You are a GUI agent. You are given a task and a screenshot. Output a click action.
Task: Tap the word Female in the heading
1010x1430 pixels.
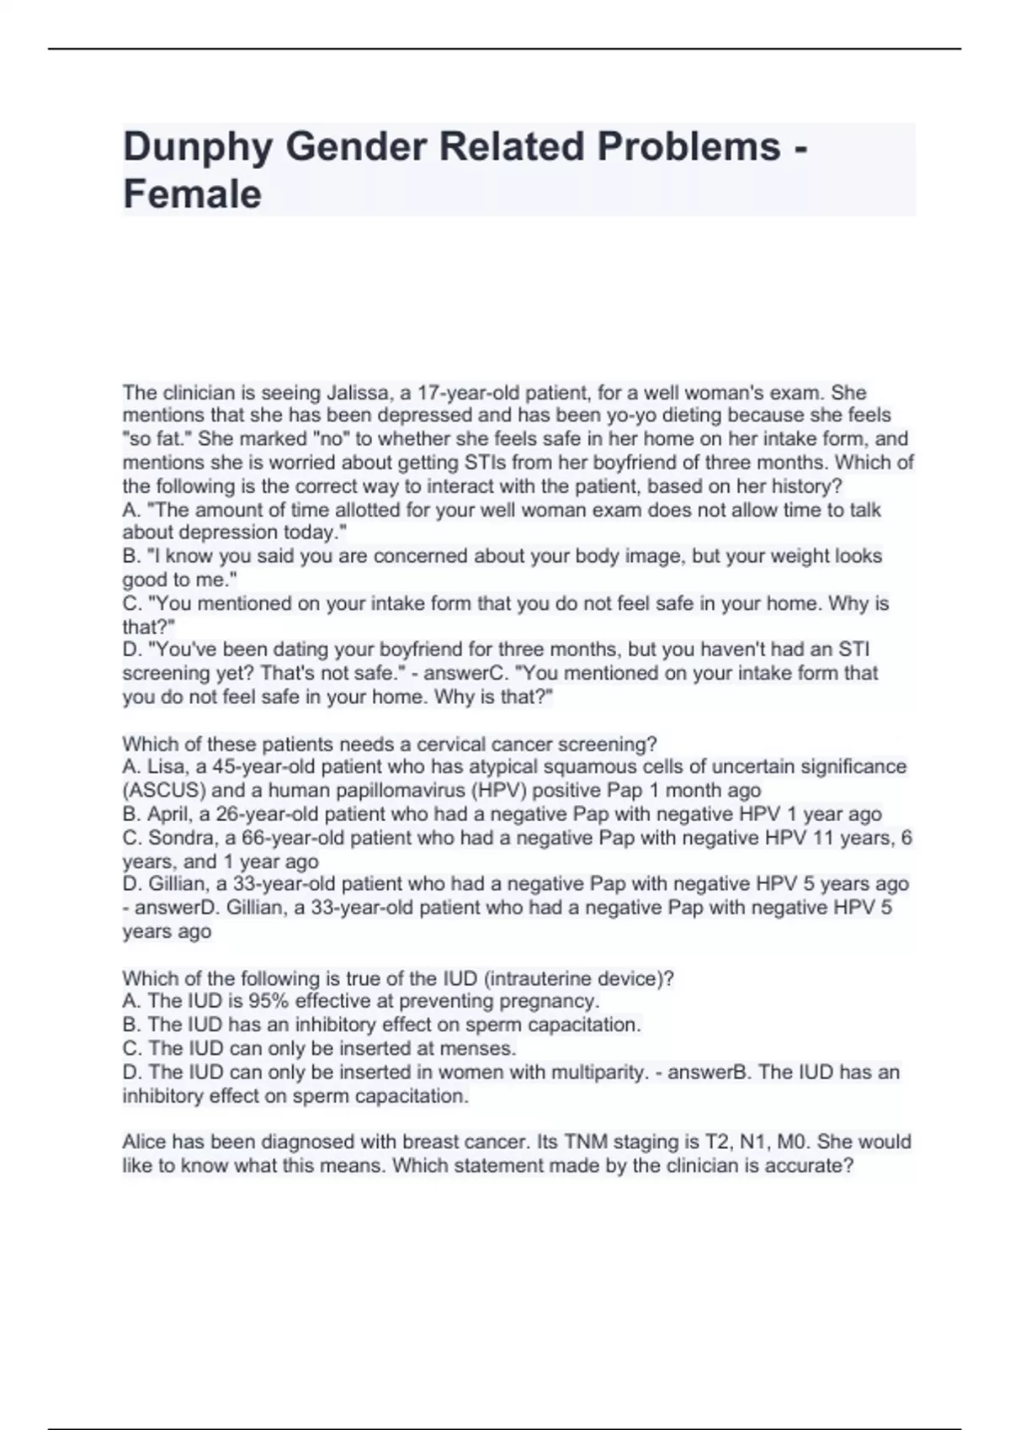point(192,194)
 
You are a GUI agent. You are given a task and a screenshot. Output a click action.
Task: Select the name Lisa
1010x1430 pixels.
point(167,767)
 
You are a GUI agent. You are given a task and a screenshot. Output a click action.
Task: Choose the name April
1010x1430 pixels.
point(169,814)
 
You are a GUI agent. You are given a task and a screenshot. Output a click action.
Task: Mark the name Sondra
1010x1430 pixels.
point(178,838)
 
